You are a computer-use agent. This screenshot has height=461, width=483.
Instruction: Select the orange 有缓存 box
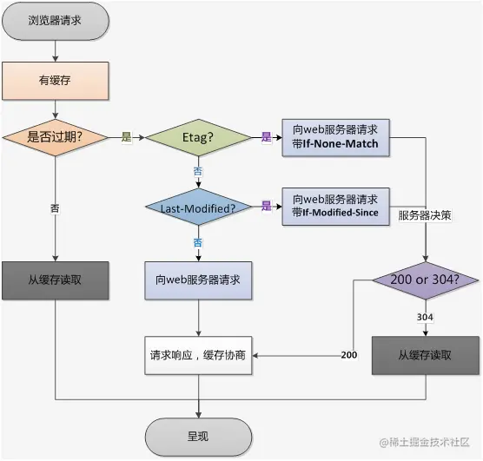tap(55, 81)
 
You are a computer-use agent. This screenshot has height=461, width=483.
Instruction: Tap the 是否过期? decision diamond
tap(55, 137)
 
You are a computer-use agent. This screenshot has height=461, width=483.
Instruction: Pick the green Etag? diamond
tap(199, 137)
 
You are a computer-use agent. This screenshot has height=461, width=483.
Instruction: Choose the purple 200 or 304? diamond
tap(425, 280)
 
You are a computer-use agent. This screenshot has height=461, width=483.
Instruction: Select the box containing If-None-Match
tap(335, 137)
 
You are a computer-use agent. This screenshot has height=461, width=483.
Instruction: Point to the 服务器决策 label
tap(427, 214)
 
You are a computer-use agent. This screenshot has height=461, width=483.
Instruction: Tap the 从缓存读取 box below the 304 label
tap(425, 355)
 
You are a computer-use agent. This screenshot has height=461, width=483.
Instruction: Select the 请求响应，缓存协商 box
tap(199, 355)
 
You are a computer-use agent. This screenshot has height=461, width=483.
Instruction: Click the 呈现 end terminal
tap(198, 436)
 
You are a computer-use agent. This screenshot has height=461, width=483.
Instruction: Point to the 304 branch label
tap(425, 318)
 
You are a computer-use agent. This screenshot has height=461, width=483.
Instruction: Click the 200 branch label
tap(349, 355)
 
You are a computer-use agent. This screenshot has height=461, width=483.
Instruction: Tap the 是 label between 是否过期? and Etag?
tap(127, 137)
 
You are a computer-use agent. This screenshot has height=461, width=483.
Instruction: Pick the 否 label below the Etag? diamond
tap(199, 171)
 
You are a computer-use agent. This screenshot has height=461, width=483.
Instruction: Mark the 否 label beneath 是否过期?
tap(55, 207)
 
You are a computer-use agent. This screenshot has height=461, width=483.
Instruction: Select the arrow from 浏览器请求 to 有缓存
tap(55, 50)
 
